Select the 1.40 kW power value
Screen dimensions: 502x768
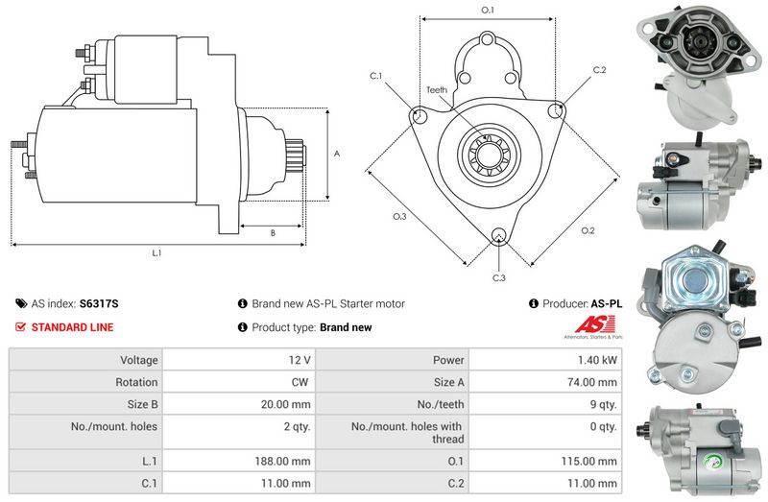tap(600, 360)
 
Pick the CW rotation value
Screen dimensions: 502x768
tap(300, 382)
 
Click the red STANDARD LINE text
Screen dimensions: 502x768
tap(72, 327)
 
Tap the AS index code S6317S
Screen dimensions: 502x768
tap(99, 303)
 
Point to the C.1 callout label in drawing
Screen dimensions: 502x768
tap(375, 76)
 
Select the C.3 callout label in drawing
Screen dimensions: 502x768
tap(498, 278)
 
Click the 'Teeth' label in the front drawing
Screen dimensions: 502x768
tap(437, 90)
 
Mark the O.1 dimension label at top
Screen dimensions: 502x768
tap(488, 11)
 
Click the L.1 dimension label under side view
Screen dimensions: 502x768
tap(156, 253)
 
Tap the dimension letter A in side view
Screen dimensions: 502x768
tap(336, 154)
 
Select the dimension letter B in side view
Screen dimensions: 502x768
tap(273, 233)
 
